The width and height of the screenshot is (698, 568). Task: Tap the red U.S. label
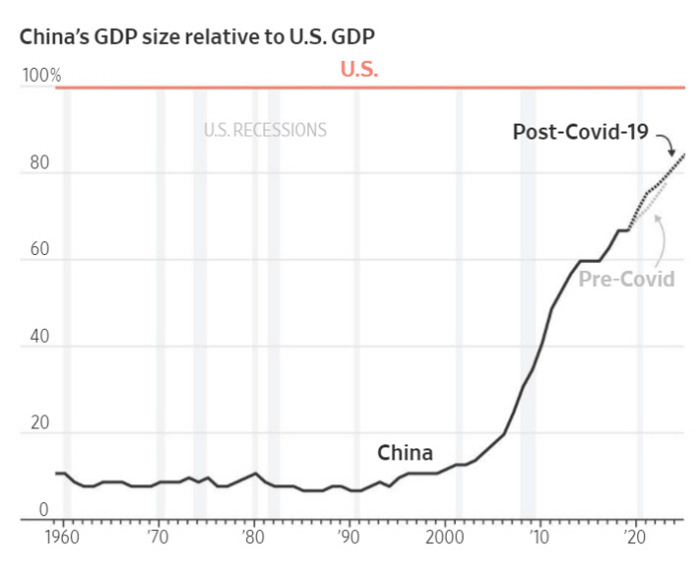click(360, 70)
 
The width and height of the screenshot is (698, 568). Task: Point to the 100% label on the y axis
click(41, 76)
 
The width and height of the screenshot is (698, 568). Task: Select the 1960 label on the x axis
click(67, 535)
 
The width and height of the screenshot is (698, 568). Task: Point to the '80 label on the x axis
click(253, 535)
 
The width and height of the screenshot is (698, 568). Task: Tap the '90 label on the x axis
click(348, 535)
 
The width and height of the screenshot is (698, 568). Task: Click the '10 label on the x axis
click(538, 535)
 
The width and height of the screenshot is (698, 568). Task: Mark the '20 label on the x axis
click(633, 535)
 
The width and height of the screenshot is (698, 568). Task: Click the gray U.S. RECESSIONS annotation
click(265, 130)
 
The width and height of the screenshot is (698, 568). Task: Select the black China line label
click(405, 452)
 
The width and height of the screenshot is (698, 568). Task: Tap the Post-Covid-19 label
click(580, 132)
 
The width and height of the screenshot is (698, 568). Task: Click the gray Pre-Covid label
click(626, 279)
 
